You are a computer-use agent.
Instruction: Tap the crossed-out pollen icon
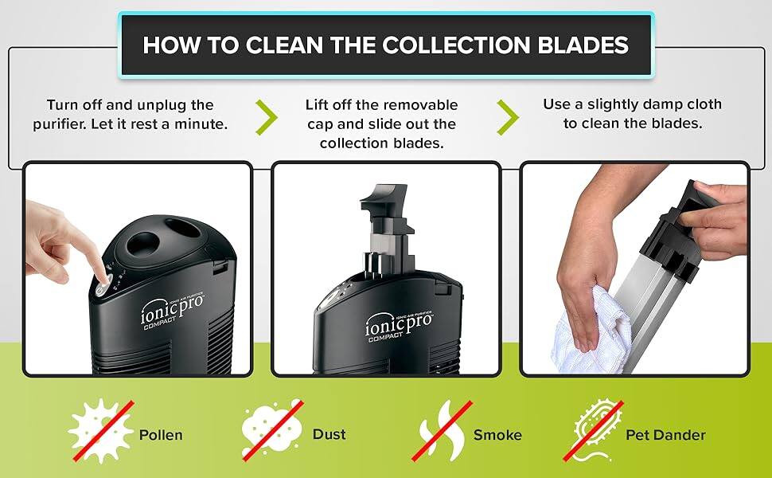[x=100, y=431]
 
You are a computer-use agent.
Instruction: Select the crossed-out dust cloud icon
[x=272, y=431]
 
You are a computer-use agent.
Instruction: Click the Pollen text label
[x=161, y=435]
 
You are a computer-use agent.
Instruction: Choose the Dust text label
[x=329, y=434]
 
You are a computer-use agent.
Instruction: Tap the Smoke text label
[x=497, y=435]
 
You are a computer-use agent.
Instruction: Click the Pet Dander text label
[x=666, y=435]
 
